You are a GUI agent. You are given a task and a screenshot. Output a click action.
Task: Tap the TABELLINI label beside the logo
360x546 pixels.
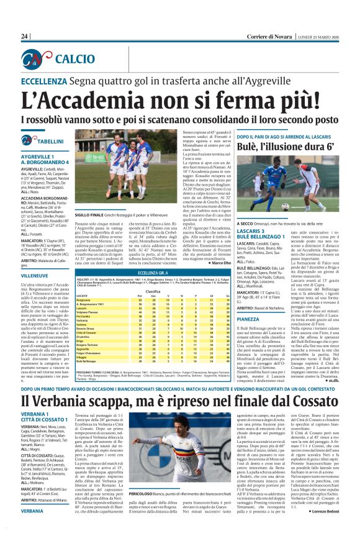pyautogui.click(x=50, y=141)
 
